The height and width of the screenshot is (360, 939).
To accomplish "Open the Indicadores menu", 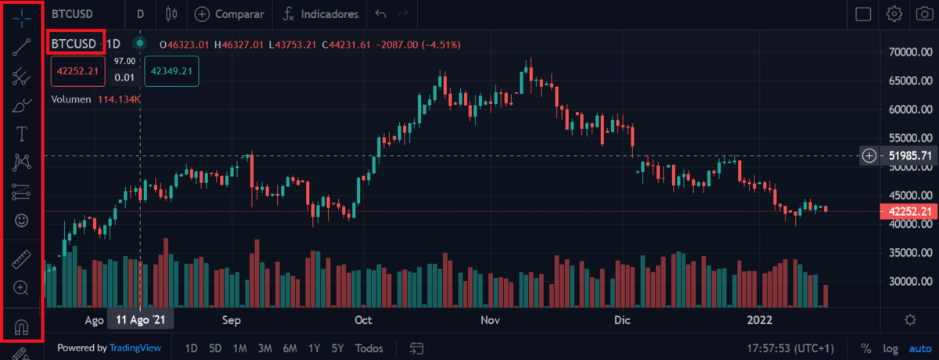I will [x=321, y=14].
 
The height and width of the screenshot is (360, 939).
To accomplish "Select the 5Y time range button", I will [x=337, y=347].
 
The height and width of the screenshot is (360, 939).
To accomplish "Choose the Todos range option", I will [x=369, y=347].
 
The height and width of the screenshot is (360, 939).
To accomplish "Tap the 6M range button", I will [x=290, y=347].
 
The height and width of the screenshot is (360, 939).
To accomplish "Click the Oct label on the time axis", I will [x=363, y=320].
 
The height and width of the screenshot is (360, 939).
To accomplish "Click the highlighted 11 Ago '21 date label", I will [x=141, y=320].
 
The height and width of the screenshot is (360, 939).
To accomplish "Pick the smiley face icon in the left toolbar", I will [x=22, y=221].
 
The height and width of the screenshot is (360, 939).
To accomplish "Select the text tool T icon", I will [x=22, y=134].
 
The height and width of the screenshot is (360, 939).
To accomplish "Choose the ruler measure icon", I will [x=22, y=260].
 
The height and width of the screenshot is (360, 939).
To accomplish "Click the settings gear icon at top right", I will [x=894, y=14].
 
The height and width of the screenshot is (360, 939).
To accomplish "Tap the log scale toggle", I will [x=890, y=347].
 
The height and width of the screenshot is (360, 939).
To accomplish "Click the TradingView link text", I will [x=135, y=347].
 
